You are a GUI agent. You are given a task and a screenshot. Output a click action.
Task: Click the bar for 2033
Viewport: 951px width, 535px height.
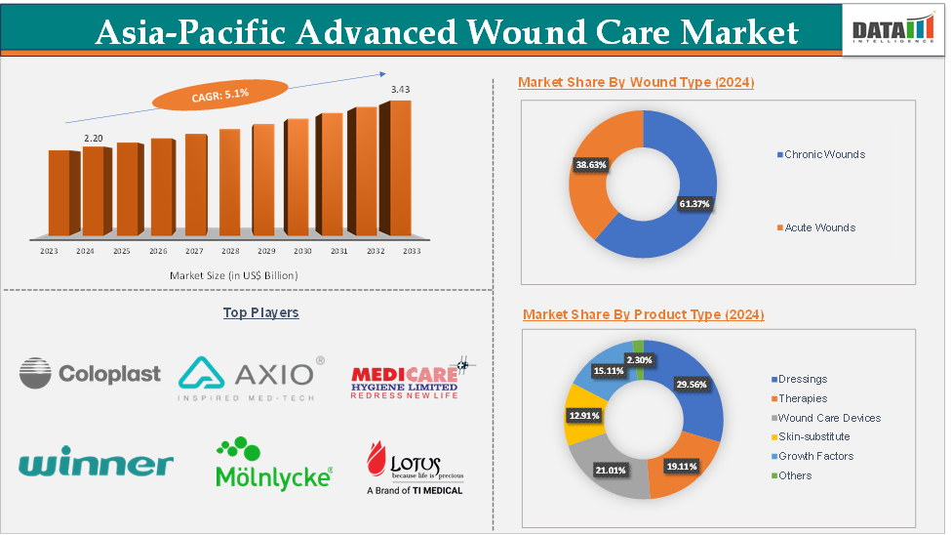click(400, 168)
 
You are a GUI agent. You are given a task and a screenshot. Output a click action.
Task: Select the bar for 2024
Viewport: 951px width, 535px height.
click(93, 191)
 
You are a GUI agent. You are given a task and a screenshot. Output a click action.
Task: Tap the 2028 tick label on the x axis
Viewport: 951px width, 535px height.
click(229, 252)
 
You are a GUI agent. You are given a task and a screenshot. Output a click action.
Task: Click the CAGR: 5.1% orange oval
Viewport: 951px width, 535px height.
click(208, 94)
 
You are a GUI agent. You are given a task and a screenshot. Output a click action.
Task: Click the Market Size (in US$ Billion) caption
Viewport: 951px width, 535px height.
click(234, 275)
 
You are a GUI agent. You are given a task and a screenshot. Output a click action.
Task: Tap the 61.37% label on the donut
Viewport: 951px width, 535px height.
click(694, 204)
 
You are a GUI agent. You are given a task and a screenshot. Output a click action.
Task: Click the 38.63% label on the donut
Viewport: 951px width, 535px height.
click(591, 165)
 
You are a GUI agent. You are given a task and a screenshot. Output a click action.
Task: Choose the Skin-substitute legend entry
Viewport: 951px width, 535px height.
click(813, 436)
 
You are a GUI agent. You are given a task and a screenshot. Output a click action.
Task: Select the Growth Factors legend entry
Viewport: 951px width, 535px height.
click(815, 456)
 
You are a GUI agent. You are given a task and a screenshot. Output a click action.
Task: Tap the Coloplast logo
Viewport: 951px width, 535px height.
click(90, 372)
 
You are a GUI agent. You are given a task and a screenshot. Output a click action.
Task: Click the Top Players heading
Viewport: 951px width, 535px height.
click(260, 312)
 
